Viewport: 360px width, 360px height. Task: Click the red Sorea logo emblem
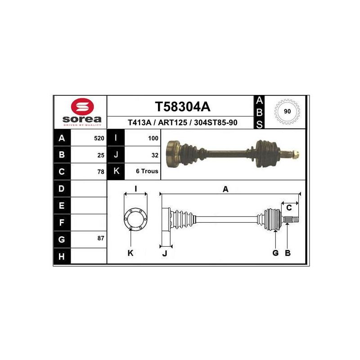coord(82,107)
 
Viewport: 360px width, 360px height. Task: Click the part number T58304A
coord(183,107)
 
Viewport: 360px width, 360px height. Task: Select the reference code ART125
coord(172,122)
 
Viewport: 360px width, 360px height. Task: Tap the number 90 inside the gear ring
coord(287,111)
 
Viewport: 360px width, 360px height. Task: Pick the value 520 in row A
coord(99,138)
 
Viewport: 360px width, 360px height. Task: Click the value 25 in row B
coord(101,155)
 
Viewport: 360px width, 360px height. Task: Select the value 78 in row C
coord(101,172)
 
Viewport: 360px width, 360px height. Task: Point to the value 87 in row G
coord(101,238)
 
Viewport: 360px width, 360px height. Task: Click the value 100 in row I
coord(153,138)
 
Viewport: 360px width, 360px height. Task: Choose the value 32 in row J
coord(155,155)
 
